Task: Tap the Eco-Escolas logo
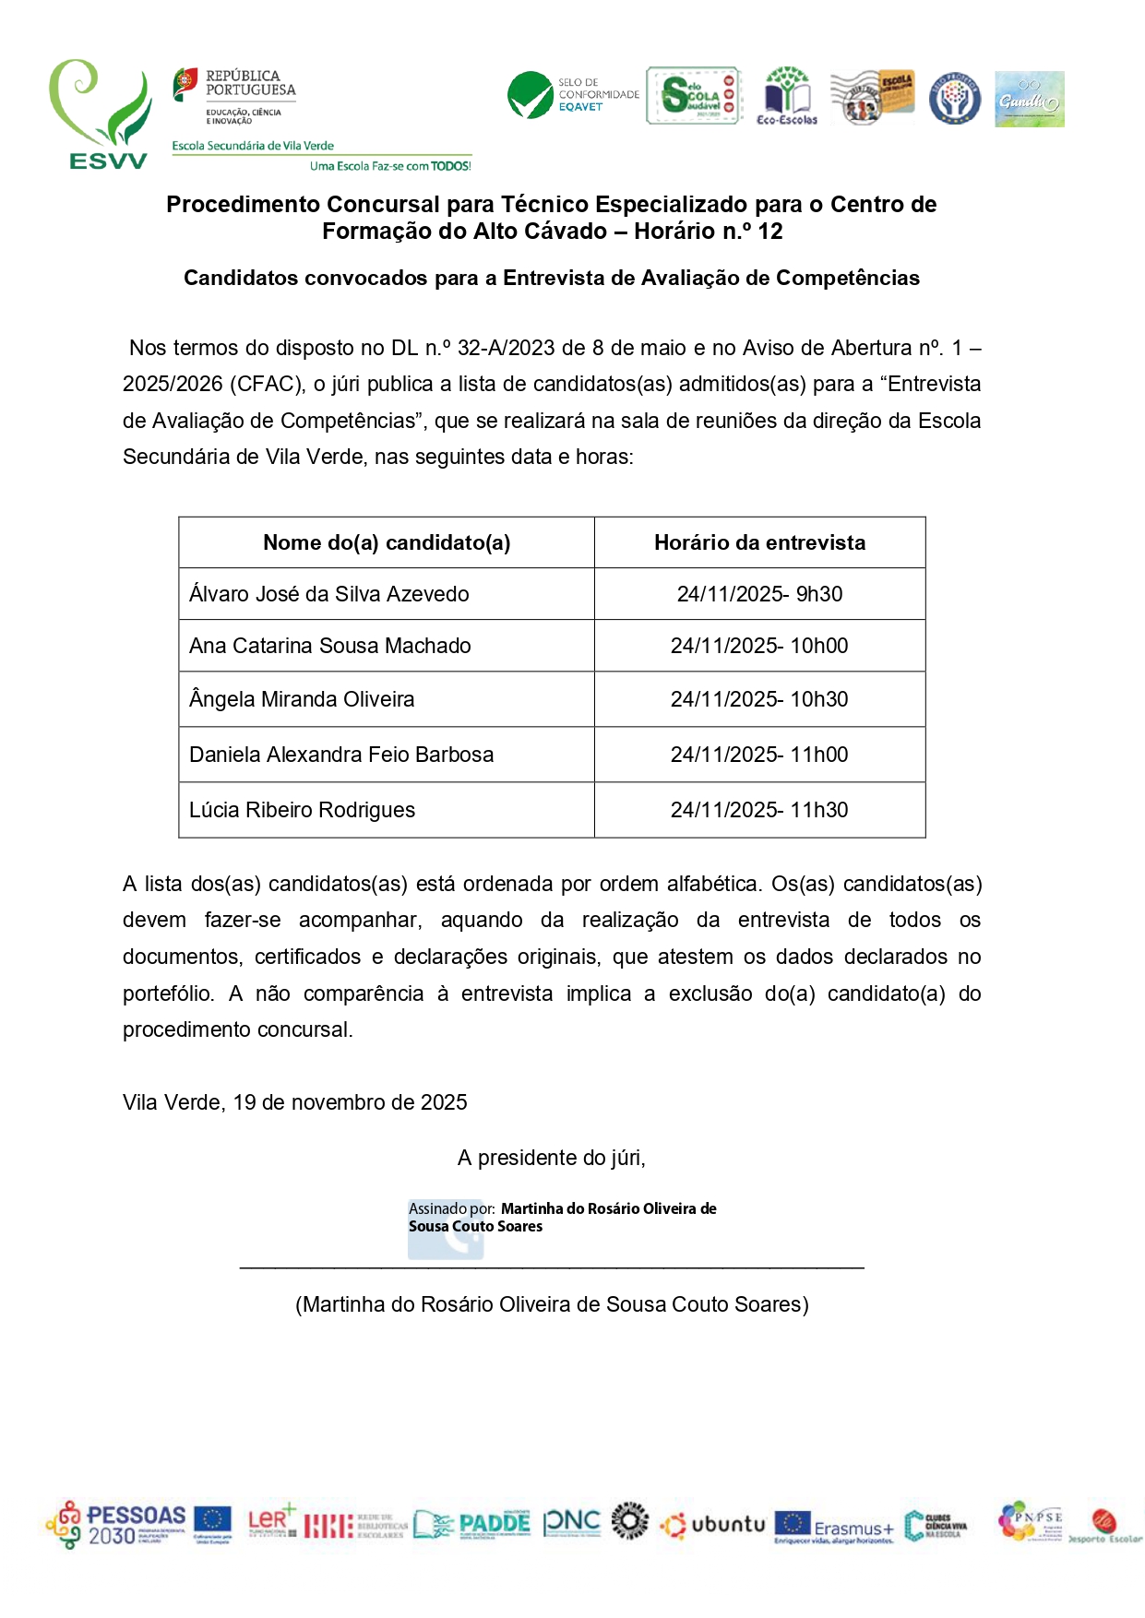pos(787,96)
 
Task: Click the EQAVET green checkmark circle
pos(530,96)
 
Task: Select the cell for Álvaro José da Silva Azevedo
pos(329,594)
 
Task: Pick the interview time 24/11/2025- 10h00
pos(759,646)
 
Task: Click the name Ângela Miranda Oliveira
pos(302,699)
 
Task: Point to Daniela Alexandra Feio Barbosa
pos(341,755)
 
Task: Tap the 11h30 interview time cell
pos(759,810)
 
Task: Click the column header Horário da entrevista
pos(759,542)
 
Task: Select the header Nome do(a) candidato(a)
pos(387,542)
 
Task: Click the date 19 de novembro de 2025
pos(350,1102)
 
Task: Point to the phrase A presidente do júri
pos(552,1158)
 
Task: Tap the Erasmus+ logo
pos(834,1527)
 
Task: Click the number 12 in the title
pos(769,232)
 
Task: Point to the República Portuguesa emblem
pos(185,85)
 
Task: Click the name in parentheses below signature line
pos(552,1304)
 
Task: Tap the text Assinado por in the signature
pos(451,1208)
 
